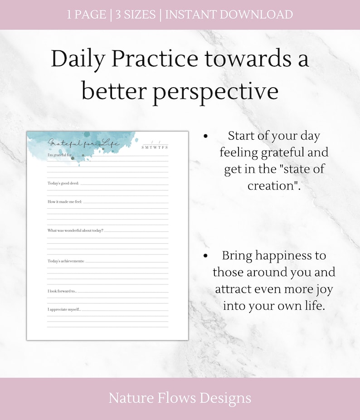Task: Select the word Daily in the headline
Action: click(78, 59)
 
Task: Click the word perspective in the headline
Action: click(216, 91)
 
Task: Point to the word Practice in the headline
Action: click(154, 59)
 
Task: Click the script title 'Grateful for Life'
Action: click(84, 143)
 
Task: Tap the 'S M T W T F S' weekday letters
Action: click(155, 147)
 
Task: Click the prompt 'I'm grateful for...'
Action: click(60, 156)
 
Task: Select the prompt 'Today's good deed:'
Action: click(63, 183)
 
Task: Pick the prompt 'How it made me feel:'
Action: click(65, 201)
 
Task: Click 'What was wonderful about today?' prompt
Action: click(75, 230)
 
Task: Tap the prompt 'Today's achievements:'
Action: click(66, 261)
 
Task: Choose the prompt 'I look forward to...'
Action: click(62, 291)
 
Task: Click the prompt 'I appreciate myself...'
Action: click(64, 309)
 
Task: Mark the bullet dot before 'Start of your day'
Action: click(206, 136)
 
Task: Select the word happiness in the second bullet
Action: click(283, 255)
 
